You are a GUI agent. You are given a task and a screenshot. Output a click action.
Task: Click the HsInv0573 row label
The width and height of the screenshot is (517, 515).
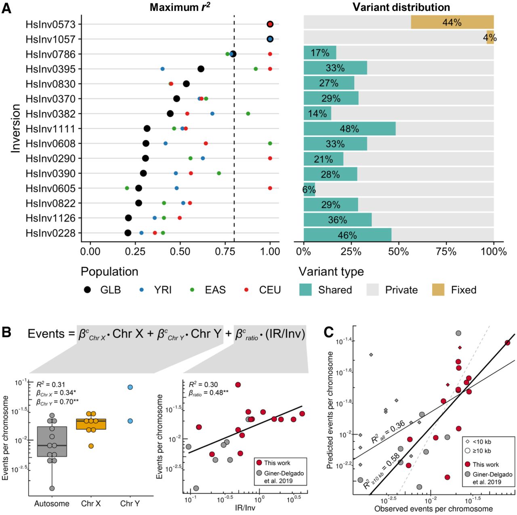[x=50, y=24]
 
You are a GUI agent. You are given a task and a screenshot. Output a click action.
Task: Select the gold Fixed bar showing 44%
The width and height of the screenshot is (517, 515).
[x=452, y=22]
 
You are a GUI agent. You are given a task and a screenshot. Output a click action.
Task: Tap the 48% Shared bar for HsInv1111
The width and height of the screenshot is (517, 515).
[x=349, y=129]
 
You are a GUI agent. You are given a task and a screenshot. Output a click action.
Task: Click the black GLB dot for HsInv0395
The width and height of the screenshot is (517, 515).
[x=201, y=69]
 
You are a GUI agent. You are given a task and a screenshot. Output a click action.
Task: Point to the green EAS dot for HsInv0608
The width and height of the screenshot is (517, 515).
[x=270, y=143]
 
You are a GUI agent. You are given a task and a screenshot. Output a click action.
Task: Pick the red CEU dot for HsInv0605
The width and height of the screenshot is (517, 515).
[x=270, y=188]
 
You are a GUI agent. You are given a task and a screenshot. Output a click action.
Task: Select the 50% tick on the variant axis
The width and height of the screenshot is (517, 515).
[x=398, y=251]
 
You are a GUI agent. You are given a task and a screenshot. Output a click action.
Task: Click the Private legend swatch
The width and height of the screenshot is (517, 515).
[x=372, y=290]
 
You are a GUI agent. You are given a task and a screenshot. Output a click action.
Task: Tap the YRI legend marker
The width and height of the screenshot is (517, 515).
[x=141, y=290]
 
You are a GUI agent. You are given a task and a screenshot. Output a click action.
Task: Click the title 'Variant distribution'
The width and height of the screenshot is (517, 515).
[x=401, y=7]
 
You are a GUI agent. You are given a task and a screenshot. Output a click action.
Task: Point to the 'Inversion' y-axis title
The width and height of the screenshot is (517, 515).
[x=15, y=128]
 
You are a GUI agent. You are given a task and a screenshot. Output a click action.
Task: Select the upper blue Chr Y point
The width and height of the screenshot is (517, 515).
[x=130, y=387]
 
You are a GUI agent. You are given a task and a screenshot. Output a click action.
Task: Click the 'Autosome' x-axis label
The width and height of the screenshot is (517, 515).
[x=52, y=503]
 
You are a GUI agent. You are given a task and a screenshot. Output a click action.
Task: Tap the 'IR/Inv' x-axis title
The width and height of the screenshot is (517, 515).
[x=245, y=507]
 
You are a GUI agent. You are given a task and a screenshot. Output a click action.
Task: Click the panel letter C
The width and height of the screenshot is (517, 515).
[x=329, y=332]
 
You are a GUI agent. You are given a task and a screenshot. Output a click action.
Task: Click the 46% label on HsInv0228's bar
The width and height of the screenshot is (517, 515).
[x=347, y=235]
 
